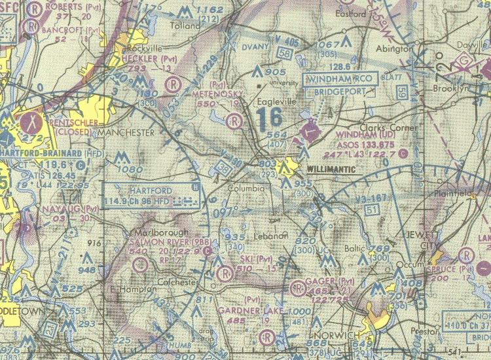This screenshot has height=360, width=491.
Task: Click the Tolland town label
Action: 185,26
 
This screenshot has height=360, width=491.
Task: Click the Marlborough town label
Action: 160,232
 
